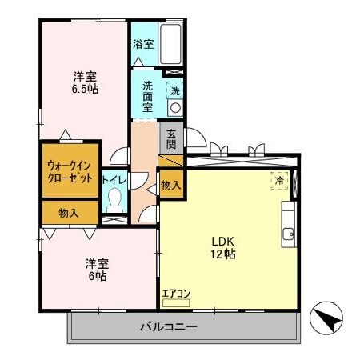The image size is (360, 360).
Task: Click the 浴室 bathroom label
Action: pyautogui.click(x=144, y=44)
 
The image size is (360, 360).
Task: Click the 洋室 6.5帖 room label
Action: pyautogui.click(x=86, y=83)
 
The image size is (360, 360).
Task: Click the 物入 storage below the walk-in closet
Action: pyautogui.click(x=69, y=213)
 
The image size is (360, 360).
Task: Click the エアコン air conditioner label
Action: pyautogui.click(x=175, y=294)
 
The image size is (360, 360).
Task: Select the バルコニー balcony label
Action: pyautogui.click(x=169, y=326)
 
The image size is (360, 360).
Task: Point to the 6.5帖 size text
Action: pyautogui.click(x=86, y=90)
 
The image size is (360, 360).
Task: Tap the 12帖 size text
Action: pyautogui.click(x=223, y=254)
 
